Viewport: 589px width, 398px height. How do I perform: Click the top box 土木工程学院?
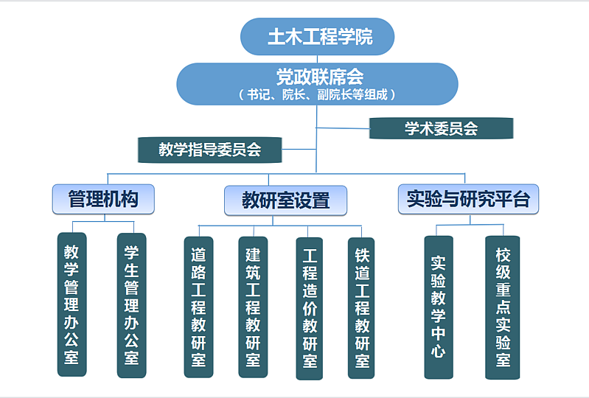tap(318, 36)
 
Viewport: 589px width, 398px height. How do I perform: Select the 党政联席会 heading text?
tap(320, 77)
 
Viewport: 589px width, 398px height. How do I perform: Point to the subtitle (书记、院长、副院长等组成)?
tap(317, 94)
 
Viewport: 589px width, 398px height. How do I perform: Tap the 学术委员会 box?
tap(442, 128)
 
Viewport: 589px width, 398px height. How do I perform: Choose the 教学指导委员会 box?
tap(210, 150)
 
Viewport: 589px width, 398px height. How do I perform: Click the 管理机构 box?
tap(103, 200)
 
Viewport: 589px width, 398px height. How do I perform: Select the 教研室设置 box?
tap(285, 200)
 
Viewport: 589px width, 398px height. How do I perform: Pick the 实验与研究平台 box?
tap(468, 200)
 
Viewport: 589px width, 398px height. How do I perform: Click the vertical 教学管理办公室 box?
tap(72, 304)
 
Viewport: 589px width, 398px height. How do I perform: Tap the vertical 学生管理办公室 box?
tap(131, 305)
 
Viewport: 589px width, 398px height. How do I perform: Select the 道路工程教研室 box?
tap(199, 307)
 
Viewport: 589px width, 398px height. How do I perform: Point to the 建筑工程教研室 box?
tap(253, 307)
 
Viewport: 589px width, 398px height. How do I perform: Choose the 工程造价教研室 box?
tap(310, 309)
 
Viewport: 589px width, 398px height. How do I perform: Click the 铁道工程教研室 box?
tap(361, 308)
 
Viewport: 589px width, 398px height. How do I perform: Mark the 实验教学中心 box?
tap(439, 307)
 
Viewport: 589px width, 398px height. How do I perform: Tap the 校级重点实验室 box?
tap(503, 307)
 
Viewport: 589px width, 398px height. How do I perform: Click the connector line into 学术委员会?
tap(343, 128)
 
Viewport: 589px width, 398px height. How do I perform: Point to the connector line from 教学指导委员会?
tap(299, 149)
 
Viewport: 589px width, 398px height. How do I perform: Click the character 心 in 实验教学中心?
tap(439, 351)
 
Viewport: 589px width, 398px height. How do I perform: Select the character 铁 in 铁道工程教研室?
tap(362, 255)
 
